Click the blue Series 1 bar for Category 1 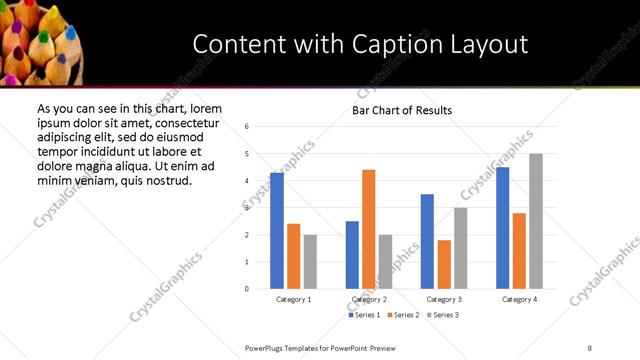[277, 231]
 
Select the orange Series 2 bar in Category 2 [369, 229]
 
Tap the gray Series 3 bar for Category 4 [536, 221]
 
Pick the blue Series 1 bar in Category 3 [427, 241]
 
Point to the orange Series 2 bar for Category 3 [444, 264]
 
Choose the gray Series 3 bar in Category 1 [311, 262]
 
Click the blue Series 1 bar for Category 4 [503, 228]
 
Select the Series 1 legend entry [366, 316]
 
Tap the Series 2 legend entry [403, 316]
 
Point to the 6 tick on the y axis [247, 127]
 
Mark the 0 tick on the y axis [247, 289]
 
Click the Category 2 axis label [369, 299]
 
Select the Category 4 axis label [519, 299]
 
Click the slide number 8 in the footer [591, 347]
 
